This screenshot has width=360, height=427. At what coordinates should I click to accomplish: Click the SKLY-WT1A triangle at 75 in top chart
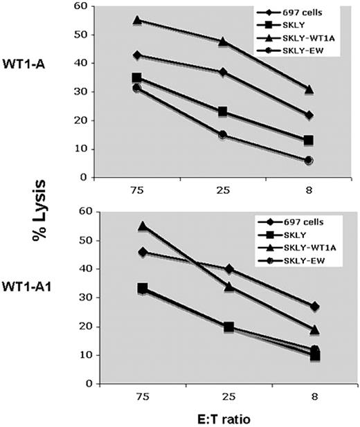[137, 20]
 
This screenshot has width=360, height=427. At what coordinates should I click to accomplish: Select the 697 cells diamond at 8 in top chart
[309, 114]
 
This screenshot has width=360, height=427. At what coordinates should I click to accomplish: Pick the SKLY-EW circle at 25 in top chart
[223, 135]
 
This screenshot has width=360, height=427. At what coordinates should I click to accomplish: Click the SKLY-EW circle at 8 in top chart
[309, 160]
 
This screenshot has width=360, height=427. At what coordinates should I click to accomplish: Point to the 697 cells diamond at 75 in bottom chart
[137, 252]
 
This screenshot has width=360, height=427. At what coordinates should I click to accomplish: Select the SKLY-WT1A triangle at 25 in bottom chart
[223, 287]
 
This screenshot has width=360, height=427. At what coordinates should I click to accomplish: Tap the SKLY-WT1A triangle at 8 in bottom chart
[309, 329]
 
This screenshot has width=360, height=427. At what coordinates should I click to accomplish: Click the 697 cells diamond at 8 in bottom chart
[309, 306]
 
